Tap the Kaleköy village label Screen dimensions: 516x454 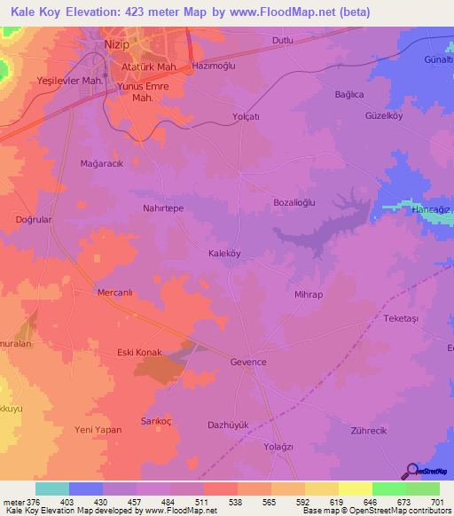pos(224,254)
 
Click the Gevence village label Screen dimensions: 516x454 pos(248,363)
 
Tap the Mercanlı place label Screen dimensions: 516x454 pos(114,291)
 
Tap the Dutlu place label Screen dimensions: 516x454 pos(282,41)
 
